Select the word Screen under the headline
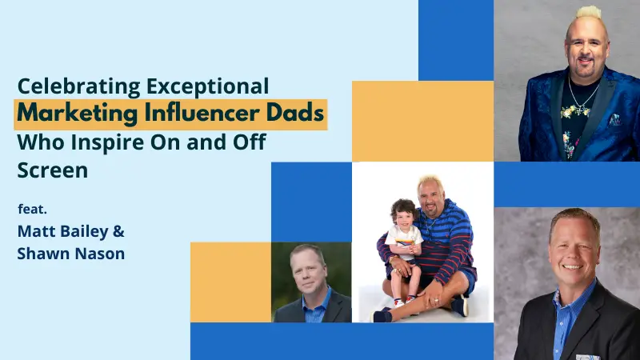(53, 171)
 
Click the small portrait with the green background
(311, 282)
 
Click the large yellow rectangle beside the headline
(422, 120)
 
